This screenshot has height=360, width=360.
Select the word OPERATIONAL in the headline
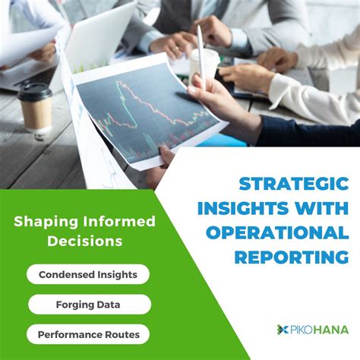click(292, 232)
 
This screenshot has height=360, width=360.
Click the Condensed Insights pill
click(88, 274)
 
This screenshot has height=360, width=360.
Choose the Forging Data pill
click(89, 305)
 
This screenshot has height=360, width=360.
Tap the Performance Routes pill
click(88, 334)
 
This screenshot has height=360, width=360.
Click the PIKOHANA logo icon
click(283, 330)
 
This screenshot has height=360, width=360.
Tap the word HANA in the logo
click(331, 330)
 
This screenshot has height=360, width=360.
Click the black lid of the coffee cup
click(35, 92)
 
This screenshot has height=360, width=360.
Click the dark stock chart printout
click(144, 114)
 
